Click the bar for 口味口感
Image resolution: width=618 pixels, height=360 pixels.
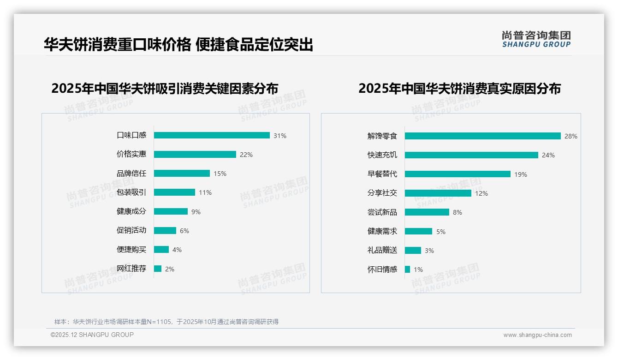coord(212,135)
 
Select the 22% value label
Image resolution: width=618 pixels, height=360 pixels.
coord(246,155)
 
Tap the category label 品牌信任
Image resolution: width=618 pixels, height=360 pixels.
coord(131,174)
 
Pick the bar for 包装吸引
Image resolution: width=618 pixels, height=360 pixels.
coord(174,192)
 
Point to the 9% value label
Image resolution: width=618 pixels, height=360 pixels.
coord(196,212)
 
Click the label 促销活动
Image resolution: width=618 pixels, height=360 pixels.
coord(131,230)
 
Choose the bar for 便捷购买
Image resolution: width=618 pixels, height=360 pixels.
coord(161,250)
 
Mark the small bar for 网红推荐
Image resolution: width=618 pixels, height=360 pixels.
coord(158,269)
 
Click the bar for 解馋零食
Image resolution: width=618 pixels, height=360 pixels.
coord(482,136)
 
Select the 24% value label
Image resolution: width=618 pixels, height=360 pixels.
coord(548,155)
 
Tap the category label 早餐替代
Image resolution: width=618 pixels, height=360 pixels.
coord(382,174)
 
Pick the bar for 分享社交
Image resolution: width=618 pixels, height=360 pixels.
coord(438,193)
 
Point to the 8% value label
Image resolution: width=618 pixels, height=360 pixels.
coord(458,212)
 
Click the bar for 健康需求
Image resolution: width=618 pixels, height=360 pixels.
coord(419,231)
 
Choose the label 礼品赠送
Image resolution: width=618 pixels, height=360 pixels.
coord(382,250)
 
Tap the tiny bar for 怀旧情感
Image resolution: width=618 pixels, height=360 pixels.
coord(408,269)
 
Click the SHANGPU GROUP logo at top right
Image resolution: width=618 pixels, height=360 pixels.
coord(536,39)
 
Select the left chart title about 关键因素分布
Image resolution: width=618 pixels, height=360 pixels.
coord(165,88)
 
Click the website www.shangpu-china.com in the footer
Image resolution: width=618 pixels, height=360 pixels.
coord(537,335)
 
